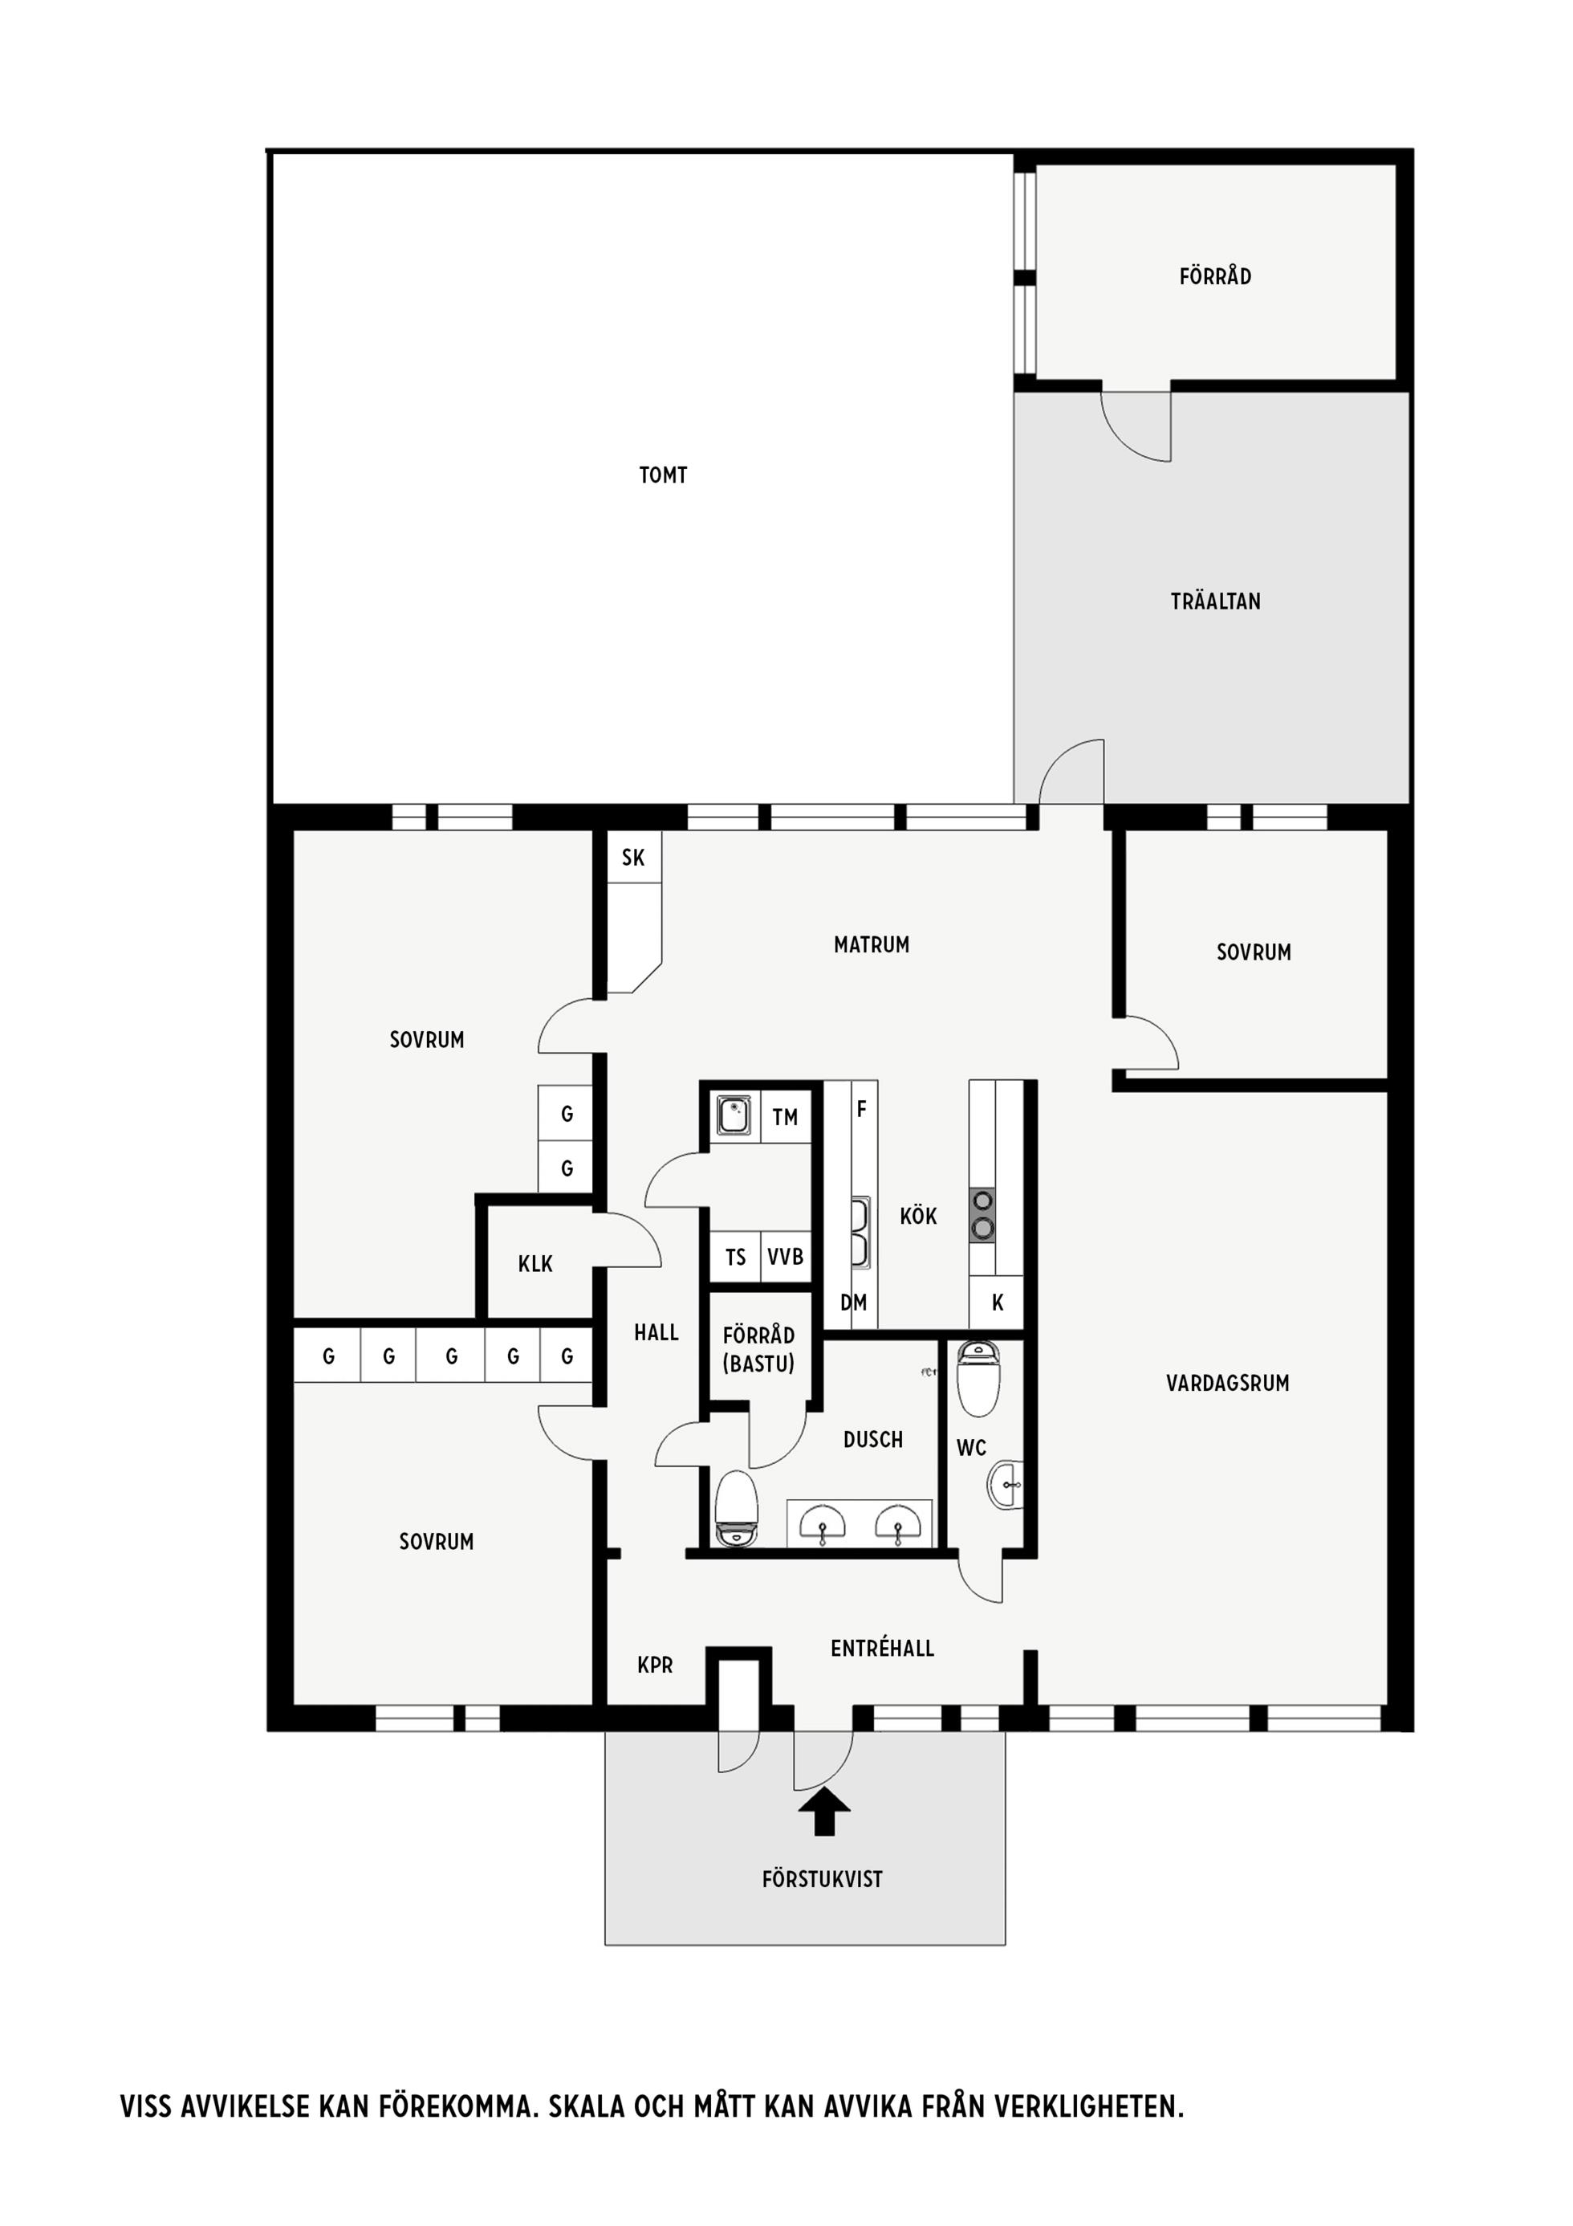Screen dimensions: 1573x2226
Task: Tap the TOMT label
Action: (x=663, y=475)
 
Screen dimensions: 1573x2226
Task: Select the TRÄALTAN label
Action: (x=1215, y=601)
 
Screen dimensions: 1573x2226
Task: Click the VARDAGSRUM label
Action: (x=1227, y=1384)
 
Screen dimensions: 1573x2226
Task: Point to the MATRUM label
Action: (x=872, y=944)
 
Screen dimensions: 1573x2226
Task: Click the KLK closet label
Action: (x=535, y=1263)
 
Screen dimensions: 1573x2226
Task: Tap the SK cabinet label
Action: (x=633, y=857)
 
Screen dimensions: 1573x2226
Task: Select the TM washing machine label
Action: (x=785, y=1117)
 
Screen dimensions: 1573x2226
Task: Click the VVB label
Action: (x=785, y=1257)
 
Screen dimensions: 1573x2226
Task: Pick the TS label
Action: (x=736, y=1257)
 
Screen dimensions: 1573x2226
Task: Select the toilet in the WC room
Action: (x=978, y=1380)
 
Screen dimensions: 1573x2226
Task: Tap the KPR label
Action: (x=655, y=1665)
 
